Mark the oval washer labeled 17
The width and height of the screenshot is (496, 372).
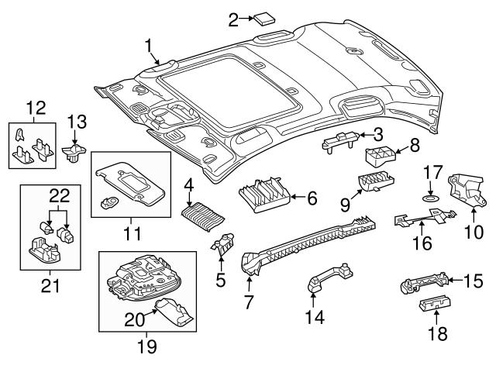click(x=427, y=198)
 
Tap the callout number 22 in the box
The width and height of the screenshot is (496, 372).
click(x=59, y=194)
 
